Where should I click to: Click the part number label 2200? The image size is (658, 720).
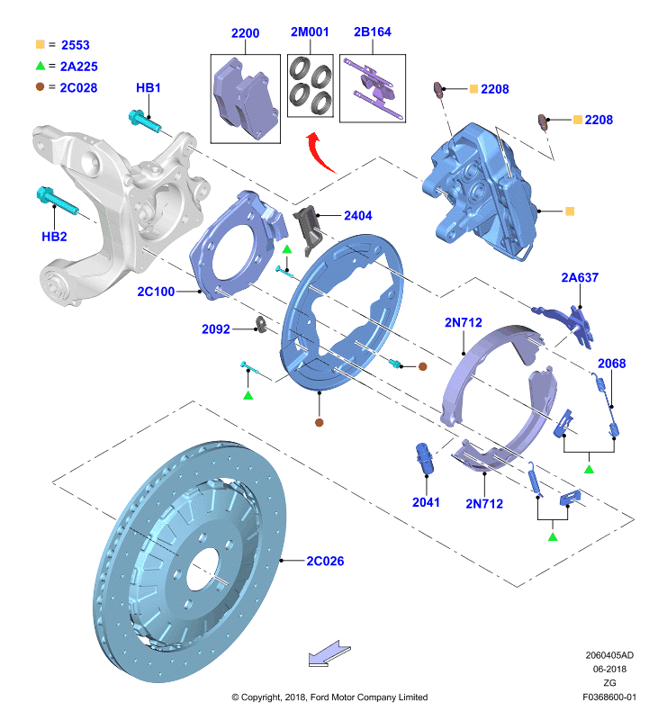tap(245, 33)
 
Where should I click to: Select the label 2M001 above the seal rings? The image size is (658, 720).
tap(310, 31)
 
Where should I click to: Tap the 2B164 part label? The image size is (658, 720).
tap(373, 31)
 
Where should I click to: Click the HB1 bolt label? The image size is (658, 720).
tap(149, 87)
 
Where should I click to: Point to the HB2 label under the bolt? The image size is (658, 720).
tap(54, 237)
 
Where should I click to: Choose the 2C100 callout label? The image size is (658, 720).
tap(156, 292)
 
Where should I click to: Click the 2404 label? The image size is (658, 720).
tap(358, 215)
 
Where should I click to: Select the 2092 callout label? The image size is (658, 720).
tap(216, 328)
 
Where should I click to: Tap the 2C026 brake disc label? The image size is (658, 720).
tap(325, 561)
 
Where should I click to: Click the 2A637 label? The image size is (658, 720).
tap(580, 277)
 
